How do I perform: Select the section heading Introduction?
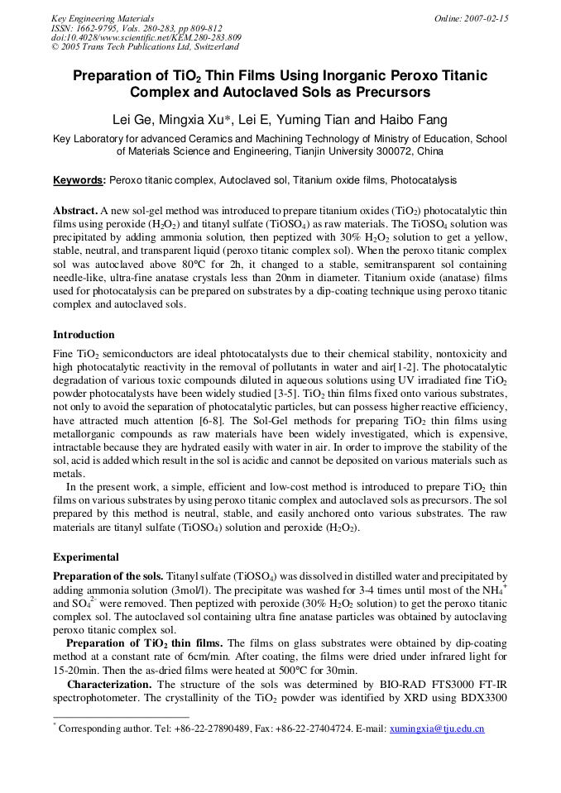click(84, 335)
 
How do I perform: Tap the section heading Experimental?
click(85, 557)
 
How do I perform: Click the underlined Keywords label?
click(79, 179)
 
